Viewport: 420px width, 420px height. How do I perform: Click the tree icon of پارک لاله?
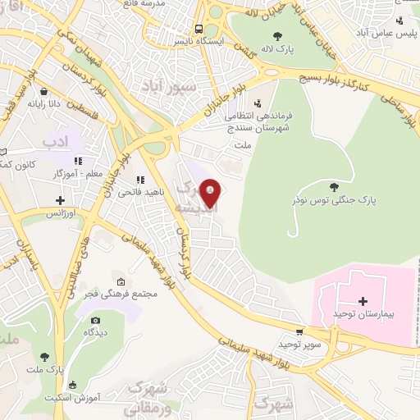point(279,35)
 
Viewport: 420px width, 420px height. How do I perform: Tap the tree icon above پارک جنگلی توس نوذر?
point(333,186)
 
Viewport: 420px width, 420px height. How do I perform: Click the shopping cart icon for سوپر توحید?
point(299,332)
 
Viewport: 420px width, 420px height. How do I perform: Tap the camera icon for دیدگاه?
point(95,320)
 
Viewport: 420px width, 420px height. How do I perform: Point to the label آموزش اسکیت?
point(93,396)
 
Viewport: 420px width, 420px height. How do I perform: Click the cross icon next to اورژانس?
point(60,200)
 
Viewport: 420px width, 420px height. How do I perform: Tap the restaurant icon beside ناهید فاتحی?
point(140,180)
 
